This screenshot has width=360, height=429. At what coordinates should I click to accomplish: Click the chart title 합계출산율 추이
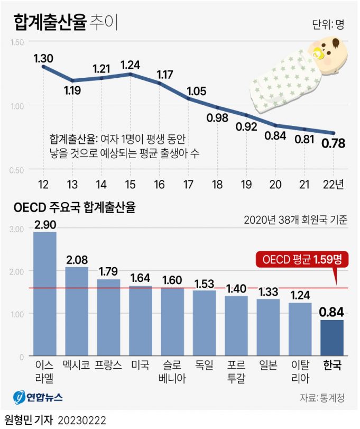[x=67, y=23]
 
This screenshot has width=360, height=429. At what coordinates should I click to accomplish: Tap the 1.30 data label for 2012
[x=43, y=58]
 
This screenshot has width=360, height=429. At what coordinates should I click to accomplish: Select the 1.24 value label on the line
[x=131, y=65]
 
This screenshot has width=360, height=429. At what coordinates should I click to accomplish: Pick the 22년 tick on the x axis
[x=333, y=184]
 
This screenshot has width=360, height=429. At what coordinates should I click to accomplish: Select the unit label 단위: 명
[x=328, y=24]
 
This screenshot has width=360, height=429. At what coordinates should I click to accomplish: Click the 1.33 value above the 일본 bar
[x=268, y=291]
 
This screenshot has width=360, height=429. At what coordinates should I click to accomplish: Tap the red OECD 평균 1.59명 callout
[x=299, y=260]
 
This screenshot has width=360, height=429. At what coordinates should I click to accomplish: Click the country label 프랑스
[x=108, y=365]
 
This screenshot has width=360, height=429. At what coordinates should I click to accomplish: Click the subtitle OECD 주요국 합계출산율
[x=75, y=207]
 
